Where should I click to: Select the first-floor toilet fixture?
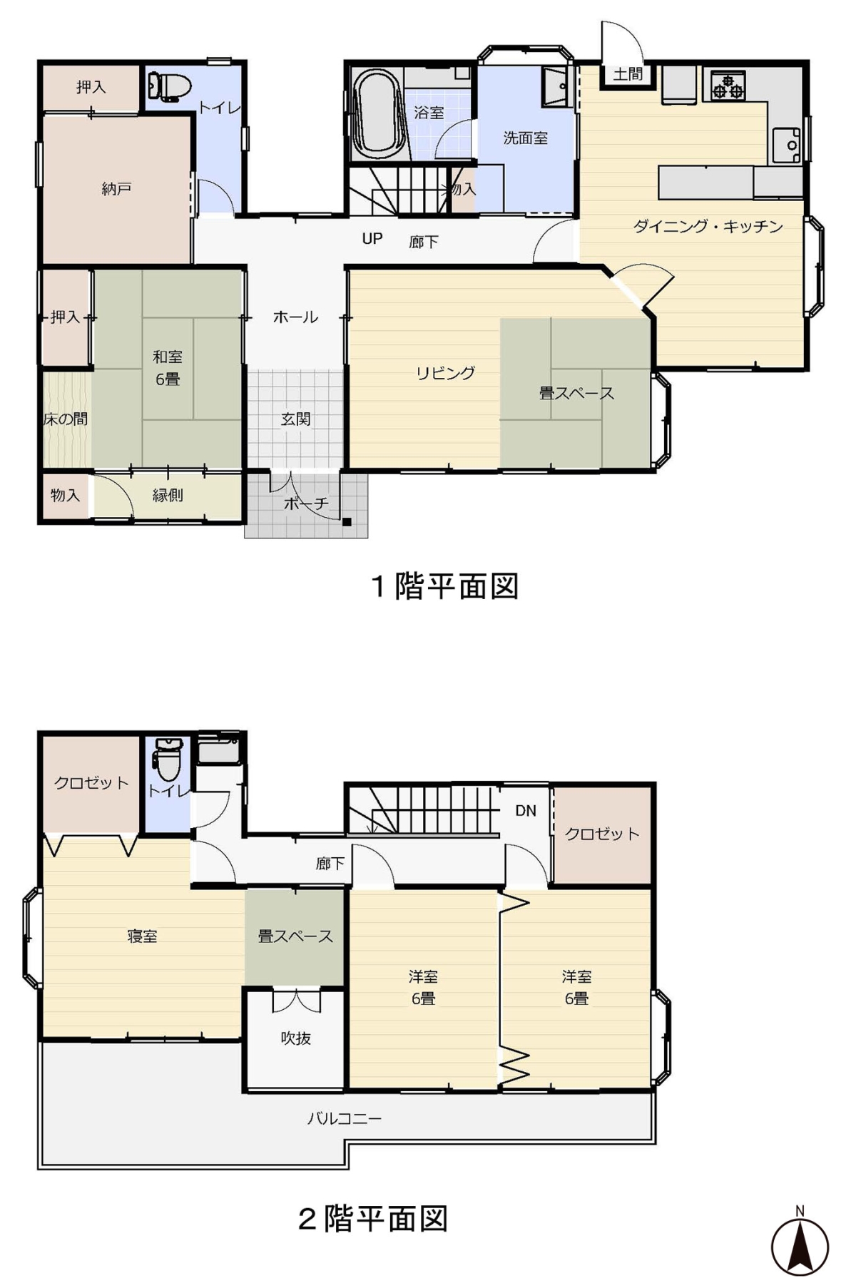click(170, 87)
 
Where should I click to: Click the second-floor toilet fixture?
click(168, 760)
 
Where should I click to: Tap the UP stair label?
click(372, 239)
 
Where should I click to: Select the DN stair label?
click(526, 810)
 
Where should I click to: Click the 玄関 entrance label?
click(295, 419)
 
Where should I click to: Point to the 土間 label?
click(628, 74)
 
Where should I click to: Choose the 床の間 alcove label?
click(66, 419)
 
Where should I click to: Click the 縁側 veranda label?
click(168, 495)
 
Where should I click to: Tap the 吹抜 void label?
click(295, 1038)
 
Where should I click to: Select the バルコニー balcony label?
click(345, 1118)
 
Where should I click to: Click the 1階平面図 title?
click(444, 586)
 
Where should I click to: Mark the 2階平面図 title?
click(373, 1219)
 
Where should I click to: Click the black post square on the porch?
click(347, 522)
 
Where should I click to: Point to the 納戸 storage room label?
click(116, 189)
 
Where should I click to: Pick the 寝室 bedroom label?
click(142, 936)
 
